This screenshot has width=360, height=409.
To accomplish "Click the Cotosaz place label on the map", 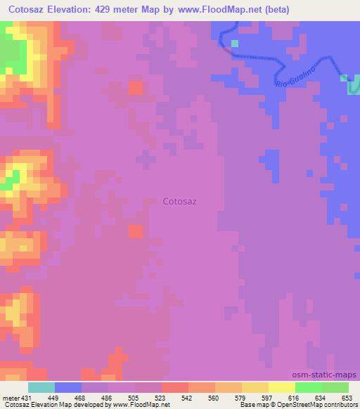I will (x=179, y=201).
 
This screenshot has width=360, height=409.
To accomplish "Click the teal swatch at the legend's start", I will (x=41, y=387).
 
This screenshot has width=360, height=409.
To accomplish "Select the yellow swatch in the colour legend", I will (x=282, y=387).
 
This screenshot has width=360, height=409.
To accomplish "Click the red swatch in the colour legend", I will (x=175, y=387).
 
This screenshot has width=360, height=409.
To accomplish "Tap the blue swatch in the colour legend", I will (x=68, y=387).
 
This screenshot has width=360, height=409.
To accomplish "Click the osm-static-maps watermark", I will (x=326, y=375).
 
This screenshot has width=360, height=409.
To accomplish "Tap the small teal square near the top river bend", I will (x=235, y=44).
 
